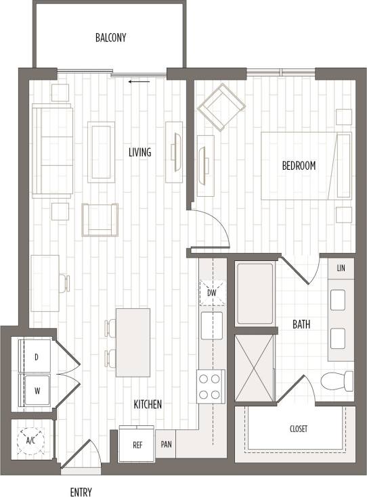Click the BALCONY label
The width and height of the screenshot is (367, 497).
pos(110,38)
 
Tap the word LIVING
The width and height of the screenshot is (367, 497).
pos(139,152)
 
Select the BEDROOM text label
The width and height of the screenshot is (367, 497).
pos(299,166)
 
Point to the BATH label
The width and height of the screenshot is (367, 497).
pos(301,325)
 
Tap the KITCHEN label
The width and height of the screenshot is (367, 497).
pos(147,404)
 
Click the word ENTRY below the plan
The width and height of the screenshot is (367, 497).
pos(81,492)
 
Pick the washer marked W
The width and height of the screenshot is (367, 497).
pos(36,389)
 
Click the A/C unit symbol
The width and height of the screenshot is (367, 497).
pos(30,440)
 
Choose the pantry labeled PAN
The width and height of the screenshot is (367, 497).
pos(167,445)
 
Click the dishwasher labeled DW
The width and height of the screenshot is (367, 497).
pos(211,293)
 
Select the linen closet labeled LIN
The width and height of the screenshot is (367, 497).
pos(341,268)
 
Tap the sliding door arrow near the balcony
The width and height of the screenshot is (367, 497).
pos(139,82)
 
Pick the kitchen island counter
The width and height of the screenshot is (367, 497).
pos(133,342)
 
